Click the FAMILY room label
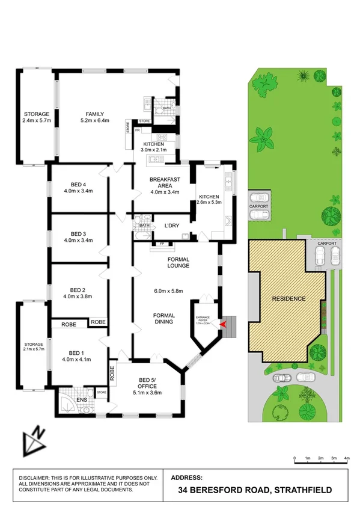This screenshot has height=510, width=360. (x=95, y=114)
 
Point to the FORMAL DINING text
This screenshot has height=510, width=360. (x=163, y=318)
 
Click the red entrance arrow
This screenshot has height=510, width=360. (x=225, y=324)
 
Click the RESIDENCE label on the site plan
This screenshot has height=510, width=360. (x=288, y=299)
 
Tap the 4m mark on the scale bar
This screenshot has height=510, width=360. (x=347, y=458)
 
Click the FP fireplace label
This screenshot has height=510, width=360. (x=162, y=244)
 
